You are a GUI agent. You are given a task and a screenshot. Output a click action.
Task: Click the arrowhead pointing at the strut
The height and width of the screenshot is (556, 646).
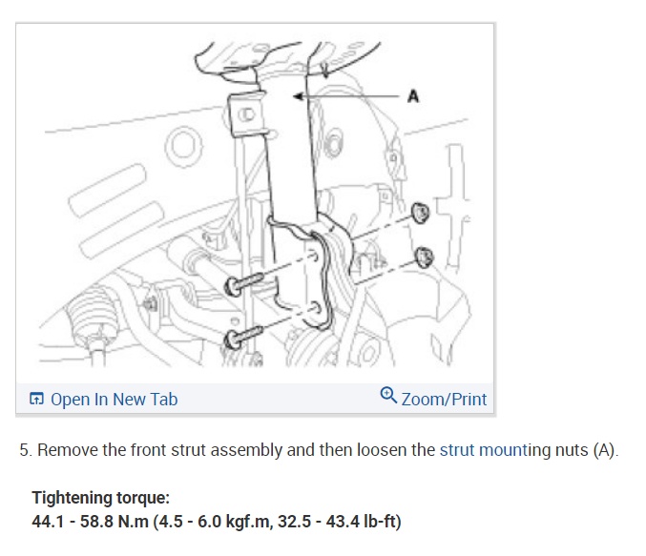300,96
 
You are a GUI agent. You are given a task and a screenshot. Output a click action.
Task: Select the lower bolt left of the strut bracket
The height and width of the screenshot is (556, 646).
236,340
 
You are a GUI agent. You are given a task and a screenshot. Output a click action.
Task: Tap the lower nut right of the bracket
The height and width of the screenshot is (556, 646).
425,256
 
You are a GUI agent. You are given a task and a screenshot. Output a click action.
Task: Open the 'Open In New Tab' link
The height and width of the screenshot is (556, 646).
114,399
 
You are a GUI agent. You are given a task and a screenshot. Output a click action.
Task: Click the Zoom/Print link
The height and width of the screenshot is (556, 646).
444,399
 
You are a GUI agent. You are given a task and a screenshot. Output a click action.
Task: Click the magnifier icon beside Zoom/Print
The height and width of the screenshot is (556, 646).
388,396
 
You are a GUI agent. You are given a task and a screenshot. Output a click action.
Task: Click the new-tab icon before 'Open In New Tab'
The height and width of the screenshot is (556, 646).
36,399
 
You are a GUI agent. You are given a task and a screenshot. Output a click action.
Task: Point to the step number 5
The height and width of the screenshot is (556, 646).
25,450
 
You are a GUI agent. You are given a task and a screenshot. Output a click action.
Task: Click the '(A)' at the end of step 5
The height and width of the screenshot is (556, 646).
604,450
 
